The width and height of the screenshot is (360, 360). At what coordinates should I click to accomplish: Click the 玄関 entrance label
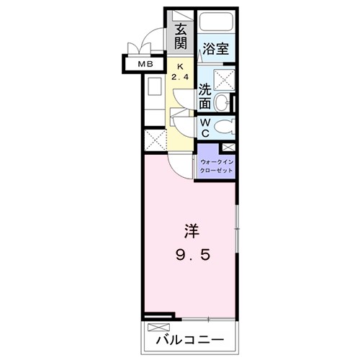pyautogui.click(x=180, y=37)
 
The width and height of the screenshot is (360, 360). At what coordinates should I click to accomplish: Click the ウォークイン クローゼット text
pyautogui.click(x=217, y=166)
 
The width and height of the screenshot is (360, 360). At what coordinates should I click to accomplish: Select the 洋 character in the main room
pyautogui.click(x=190, y=233)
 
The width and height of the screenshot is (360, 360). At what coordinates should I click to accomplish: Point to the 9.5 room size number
pyautogui.click(x=190, y=256)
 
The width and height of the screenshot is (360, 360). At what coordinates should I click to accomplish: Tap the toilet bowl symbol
pyautogui.click(x=224, y=128)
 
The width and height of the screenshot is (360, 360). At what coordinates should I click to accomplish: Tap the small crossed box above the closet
pyautogui.click(x=229, y=148)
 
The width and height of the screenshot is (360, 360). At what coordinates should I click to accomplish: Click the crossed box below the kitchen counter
pyautogui.click(x=155, y=138)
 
